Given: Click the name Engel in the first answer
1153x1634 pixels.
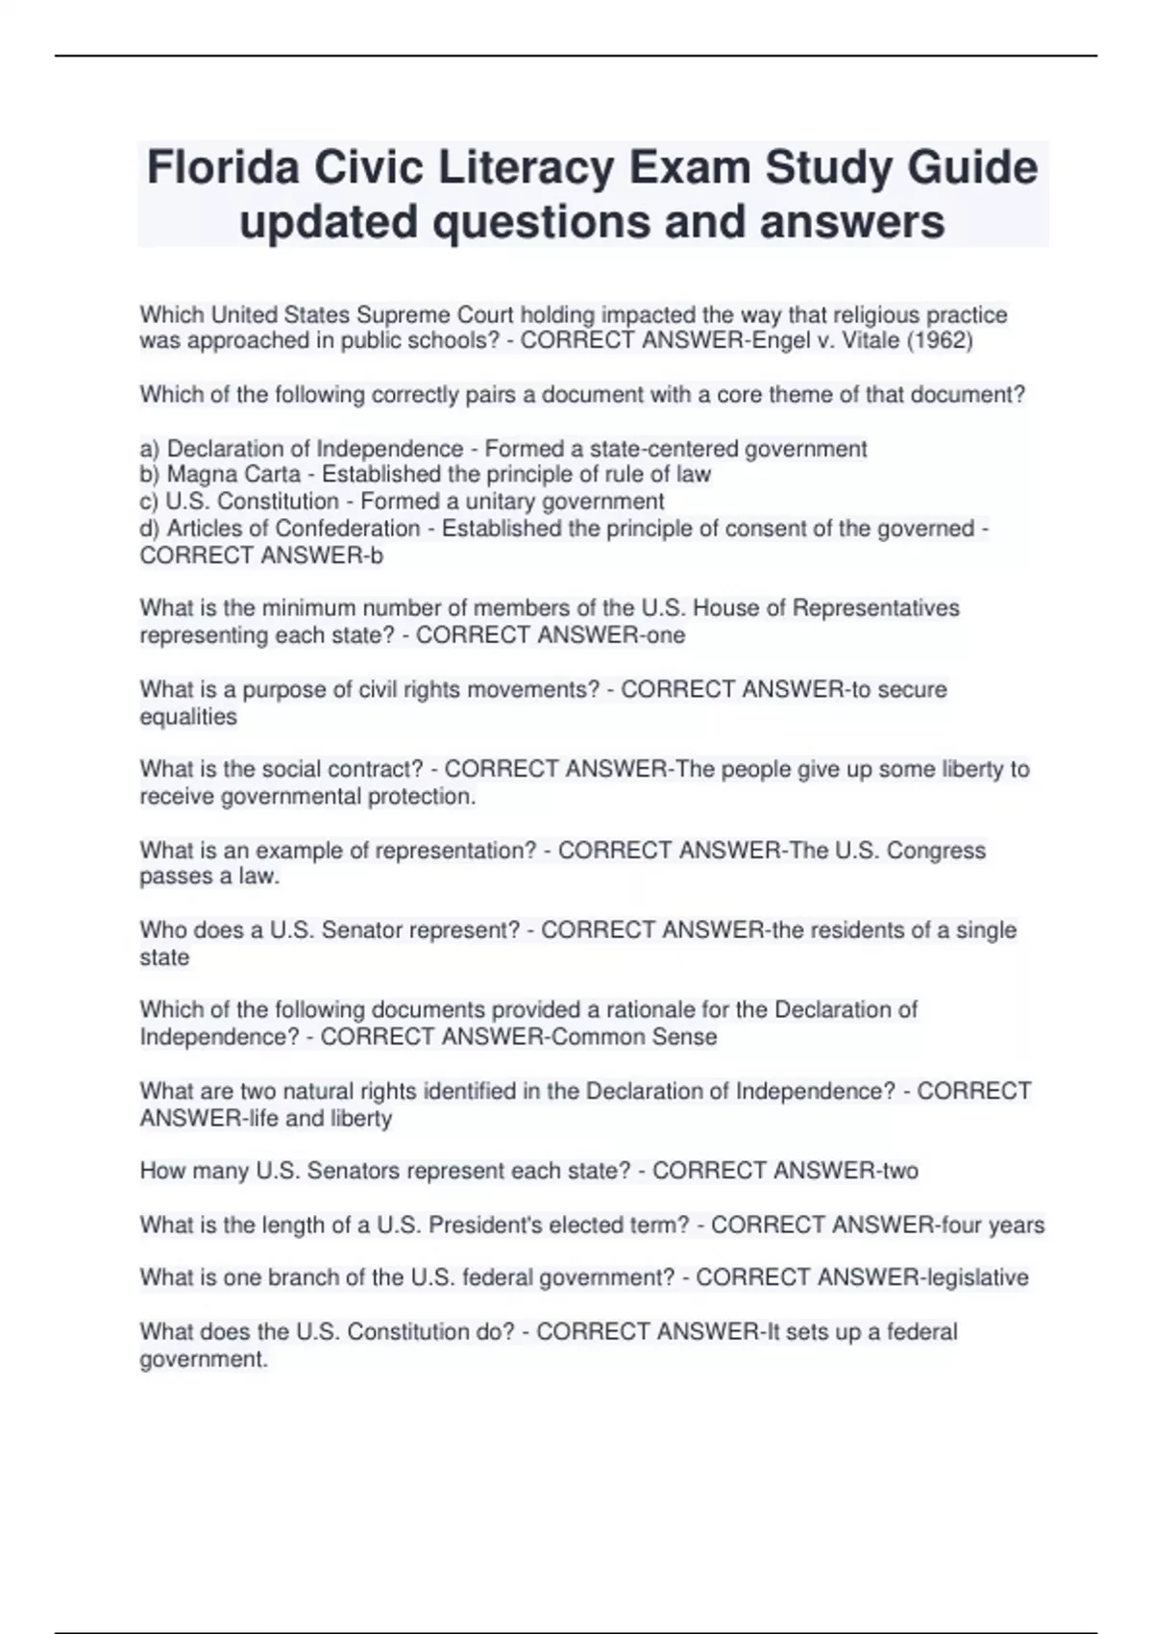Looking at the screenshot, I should (783, 341).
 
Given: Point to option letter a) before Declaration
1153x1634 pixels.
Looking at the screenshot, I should (150, 449).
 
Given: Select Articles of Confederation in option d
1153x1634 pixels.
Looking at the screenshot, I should (293, 529).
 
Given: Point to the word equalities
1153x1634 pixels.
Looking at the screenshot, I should (188, 717).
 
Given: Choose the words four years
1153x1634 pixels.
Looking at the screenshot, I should (993, 1225).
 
